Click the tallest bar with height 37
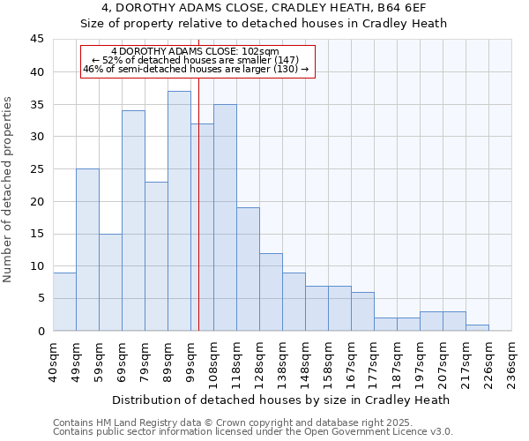click(179, 211)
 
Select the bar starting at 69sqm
click(133, 220)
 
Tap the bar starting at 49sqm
click(87, 250)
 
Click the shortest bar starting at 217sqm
click(477, 327)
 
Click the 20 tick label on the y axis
click(37, 201)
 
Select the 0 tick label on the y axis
click(41, 331)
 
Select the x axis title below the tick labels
click(282, 400)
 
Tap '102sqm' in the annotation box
click(262, 52)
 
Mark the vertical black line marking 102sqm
click(198, 220)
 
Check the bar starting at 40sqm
click(64, 302)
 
